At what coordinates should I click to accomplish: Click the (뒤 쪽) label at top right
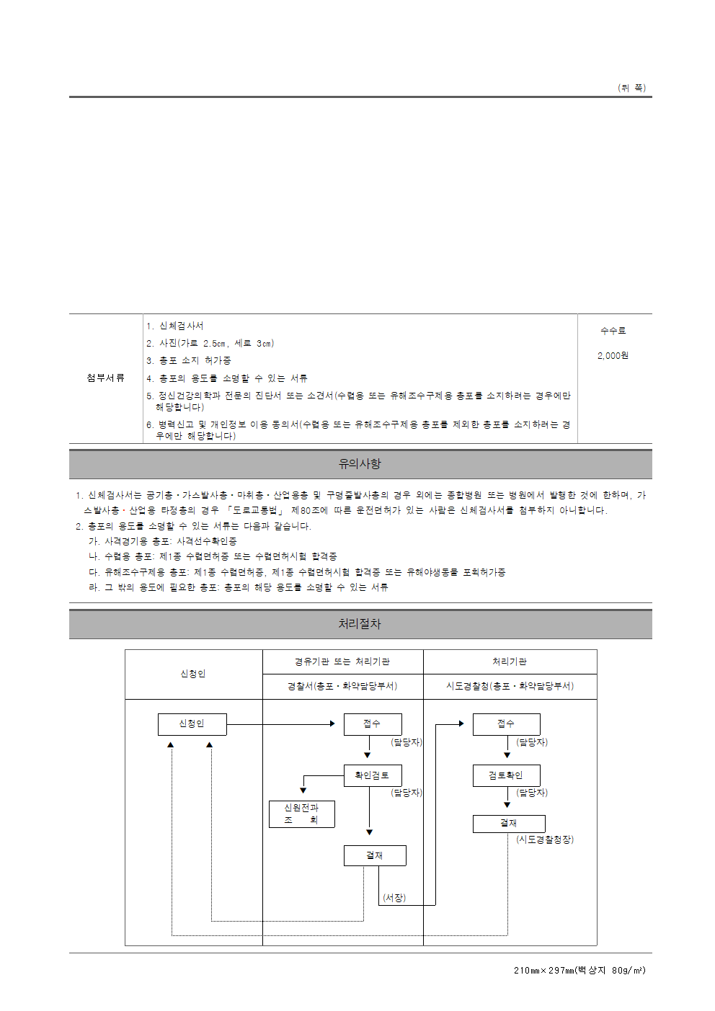631,88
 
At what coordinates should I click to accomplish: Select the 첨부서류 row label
105,378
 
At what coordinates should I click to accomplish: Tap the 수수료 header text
613,331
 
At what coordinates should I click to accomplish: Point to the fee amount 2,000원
613,355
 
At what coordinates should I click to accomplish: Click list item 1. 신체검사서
175,326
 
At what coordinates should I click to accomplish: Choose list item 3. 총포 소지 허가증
189,360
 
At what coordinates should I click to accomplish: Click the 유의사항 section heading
360,464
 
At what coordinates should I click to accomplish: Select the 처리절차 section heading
360,624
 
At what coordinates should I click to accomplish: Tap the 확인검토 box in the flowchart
372,775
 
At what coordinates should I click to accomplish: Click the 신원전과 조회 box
301,814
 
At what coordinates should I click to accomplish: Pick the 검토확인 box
505,775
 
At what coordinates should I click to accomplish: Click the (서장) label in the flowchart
394,898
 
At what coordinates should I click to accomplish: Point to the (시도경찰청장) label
545,839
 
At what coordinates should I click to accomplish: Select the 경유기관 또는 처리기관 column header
342,662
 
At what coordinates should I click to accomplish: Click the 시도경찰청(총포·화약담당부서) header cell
510,686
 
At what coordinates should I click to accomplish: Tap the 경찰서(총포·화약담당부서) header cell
342,686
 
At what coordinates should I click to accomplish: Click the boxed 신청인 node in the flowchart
192,723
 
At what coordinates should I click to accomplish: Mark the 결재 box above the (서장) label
375,855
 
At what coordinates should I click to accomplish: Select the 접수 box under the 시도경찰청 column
506,723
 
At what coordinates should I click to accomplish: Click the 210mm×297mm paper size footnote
579,971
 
